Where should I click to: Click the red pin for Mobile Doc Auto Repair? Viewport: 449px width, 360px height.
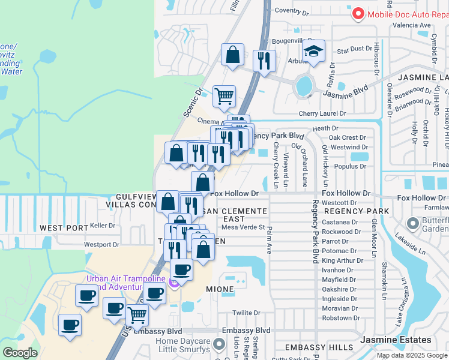click(358, 14)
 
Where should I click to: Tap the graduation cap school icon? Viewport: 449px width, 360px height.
click(314, 53)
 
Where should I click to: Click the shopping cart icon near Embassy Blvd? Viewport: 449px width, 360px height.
click(137, 314)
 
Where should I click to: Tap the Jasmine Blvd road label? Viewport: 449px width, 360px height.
click(345, 92)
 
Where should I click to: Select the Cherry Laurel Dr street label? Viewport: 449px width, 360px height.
click(323, 113)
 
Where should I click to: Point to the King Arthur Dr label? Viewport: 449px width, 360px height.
click(340, 261)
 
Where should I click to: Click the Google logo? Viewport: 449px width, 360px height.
click(20, 353)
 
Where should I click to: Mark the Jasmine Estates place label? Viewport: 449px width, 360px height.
click(387, 340)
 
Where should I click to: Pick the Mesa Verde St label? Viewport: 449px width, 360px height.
click(243, 227)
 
